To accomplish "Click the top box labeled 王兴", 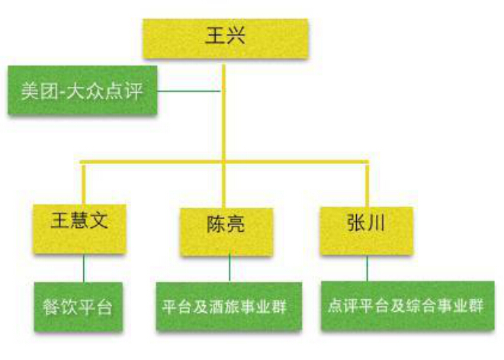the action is [226, 39].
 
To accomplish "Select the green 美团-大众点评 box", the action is [82, 90].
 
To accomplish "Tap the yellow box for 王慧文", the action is [79, 229].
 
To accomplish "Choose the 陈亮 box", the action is [226, 232].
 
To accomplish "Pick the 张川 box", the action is [367, 231].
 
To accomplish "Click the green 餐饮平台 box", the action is [79, 307].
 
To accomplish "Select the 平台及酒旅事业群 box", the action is [230, 306].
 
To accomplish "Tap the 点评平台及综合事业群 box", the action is [408, 305].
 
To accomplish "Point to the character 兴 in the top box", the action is [236, 35].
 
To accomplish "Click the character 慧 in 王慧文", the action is [79, 220].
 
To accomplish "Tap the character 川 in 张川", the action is [376, 223].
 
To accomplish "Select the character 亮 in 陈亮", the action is [236, 224].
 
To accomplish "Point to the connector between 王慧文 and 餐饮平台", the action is [84, 268].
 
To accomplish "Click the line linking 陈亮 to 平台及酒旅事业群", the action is [230, 269].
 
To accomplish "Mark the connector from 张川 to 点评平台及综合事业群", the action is [367, 268].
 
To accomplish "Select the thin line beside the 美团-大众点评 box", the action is [189, 92].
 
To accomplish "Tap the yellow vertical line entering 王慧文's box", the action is [84, 183].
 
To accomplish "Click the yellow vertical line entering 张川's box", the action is [367, 185].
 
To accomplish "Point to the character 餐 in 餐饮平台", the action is [51, 307].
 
